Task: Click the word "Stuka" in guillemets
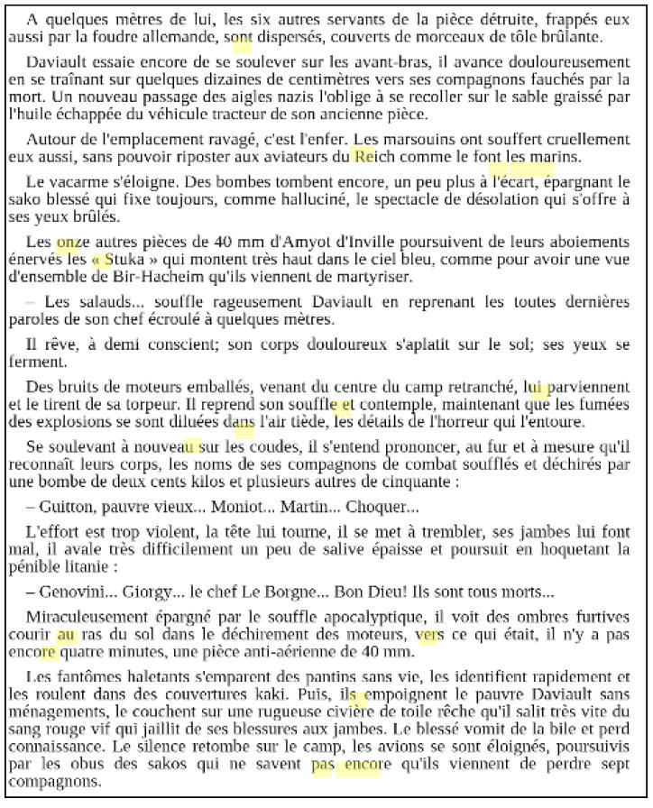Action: [x=126, y=259]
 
